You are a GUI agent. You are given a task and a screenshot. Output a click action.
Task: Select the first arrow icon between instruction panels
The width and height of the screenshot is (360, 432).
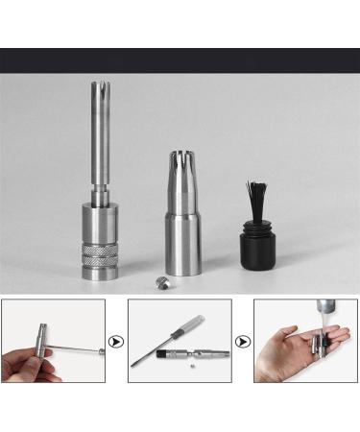tap(116, 341)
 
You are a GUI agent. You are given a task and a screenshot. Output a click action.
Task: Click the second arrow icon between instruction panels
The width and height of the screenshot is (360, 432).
tap(243, 341)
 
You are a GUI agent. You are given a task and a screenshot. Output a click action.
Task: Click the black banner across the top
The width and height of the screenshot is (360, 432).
tap(180, 60)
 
